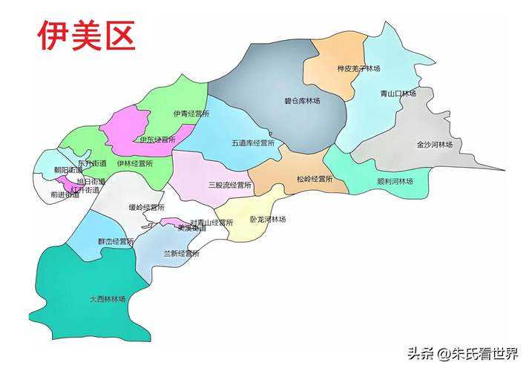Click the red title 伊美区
tap(87, 36)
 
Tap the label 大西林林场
tap(108, 299)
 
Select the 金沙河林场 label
tap(435, 144)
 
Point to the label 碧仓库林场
tap(302, 101)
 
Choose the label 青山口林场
tap(398, 93)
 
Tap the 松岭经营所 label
tap(315, 180)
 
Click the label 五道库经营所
tap(253, 142)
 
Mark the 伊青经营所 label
tap(191, 114)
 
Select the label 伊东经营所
tap(157, 139)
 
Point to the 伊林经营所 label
tap(135, 162)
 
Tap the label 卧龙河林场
tap(268, 219)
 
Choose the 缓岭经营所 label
tap(146, 207)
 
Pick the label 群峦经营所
tap(116, 241)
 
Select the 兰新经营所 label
tap(182, 254)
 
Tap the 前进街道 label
tap(65, 194)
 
